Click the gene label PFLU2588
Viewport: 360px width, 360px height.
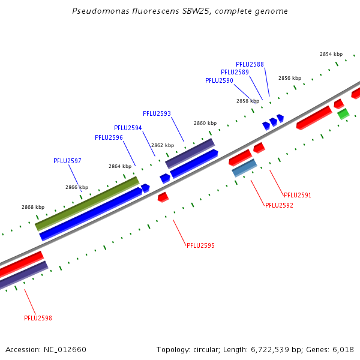pyautogui.click(x=250, y=64)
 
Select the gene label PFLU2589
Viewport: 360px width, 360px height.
pyautogui.click(x=235, y=72)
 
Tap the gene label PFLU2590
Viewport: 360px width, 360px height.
pyautogui.click(x=219, y=80)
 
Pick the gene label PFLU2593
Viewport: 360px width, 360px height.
pyautogui.click(x=157, y=113)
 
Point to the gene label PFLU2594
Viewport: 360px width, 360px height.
pyautogui.click(x=128, y=128)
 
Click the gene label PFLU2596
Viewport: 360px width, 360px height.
pyautogui.click(x=109, y=137)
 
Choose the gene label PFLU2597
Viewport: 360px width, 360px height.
pyautogui.click(x=67, y=161)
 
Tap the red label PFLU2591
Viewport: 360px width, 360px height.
pyautogui.click(x=298, y=195)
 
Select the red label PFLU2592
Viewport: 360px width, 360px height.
pyautogui.click(x=279, y=205)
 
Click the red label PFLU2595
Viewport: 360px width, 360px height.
pyautogui.click(x=200, y=245)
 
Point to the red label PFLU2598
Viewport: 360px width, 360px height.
pyautogui.click(x=38, y=318)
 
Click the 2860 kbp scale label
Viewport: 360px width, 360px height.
pyautogui.click(x=205, y=123)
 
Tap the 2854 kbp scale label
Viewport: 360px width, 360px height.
pyautogui.click(x=331, y=54)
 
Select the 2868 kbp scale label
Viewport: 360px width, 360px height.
pyautogui.click(x=32, y=206)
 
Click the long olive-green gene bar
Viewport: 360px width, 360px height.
pyautogui.click(x=87, y=203)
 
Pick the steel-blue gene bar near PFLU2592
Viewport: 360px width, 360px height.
pyautogui.click(x=244, y=167)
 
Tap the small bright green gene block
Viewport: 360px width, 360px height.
pyautogui.click(x=343, y=113)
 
